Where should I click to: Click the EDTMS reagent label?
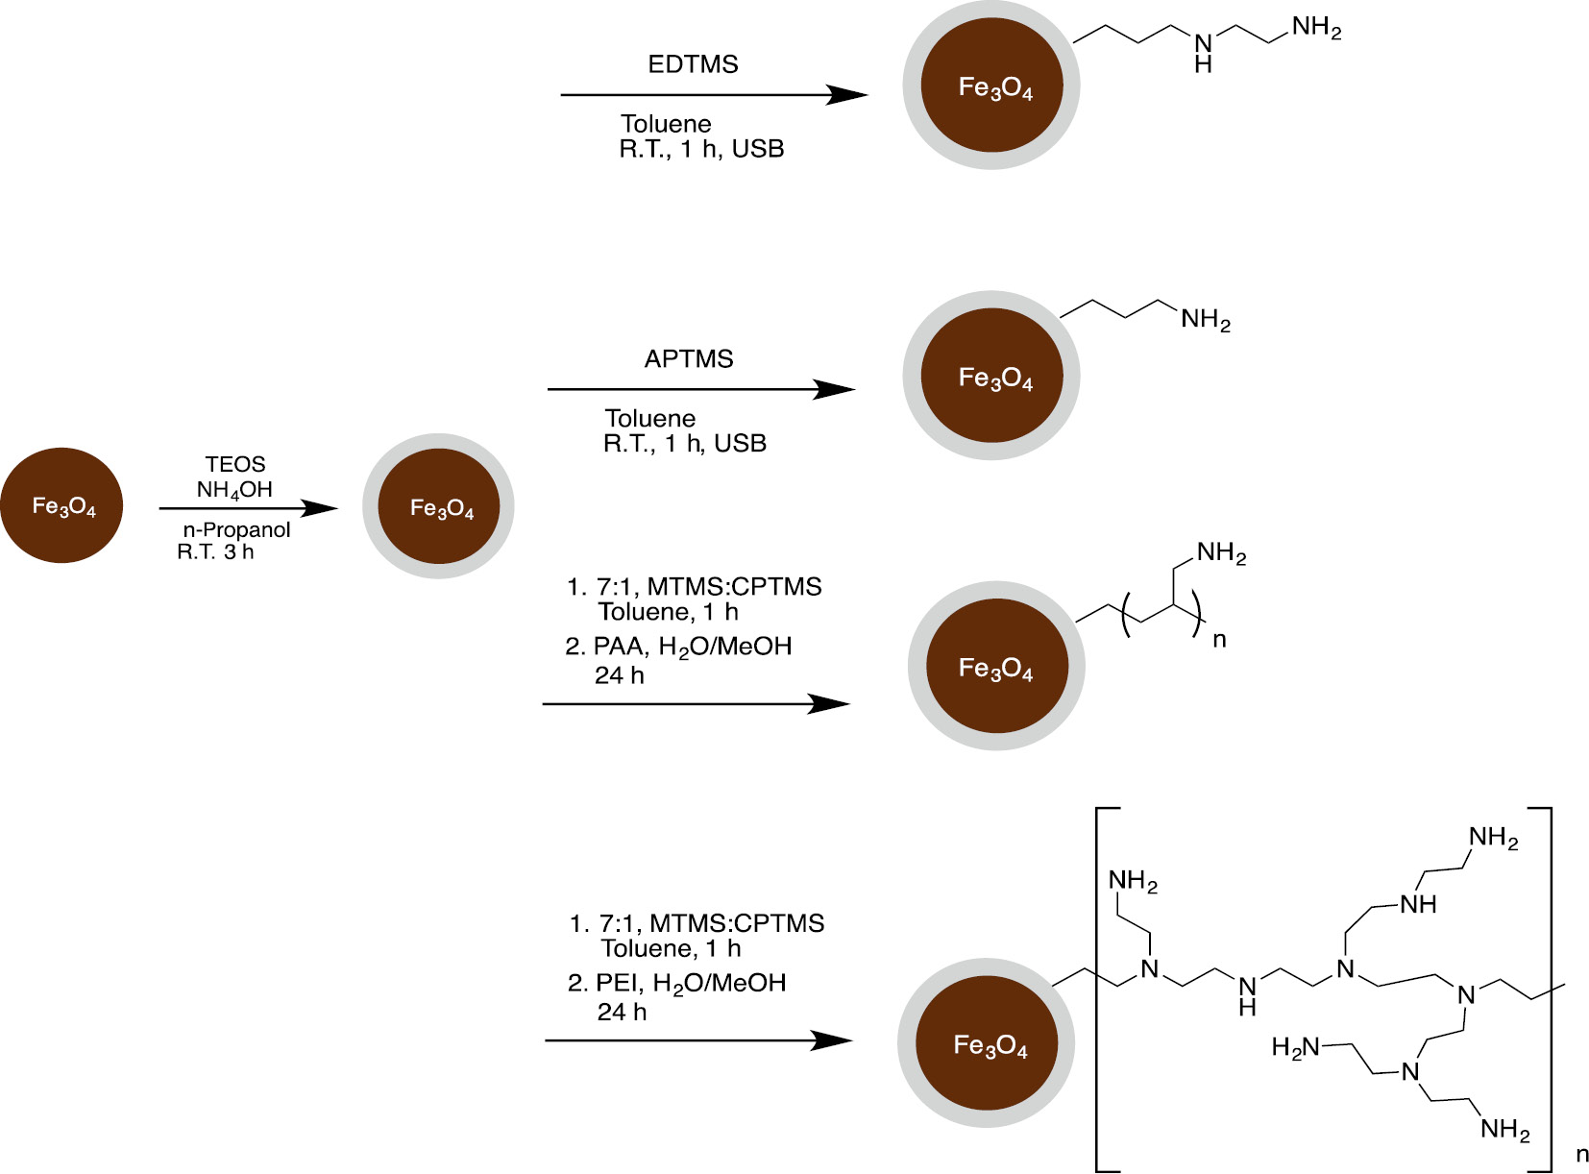point(693,64)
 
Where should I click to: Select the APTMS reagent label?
point(689,359)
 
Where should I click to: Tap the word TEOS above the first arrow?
point(234,464)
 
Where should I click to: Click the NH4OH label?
point(234,490)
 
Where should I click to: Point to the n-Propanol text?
point(236,530)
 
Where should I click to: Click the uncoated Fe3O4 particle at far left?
point(61,505)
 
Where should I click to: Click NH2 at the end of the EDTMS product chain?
point(1316,28)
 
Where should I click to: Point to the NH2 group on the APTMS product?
point(1205,320)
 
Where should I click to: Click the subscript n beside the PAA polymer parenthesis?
point(1219,640)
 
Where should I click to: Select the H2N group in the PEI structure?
point(1296,1047)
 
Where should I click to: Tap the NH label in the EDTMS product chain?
point(1204,53)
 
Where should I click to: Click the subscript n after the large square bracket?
point(1575,1155)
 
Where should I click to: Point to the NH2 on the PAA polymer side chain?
point(1221,553)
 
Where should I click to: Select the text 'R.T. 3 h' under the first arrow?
point(215,552)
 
